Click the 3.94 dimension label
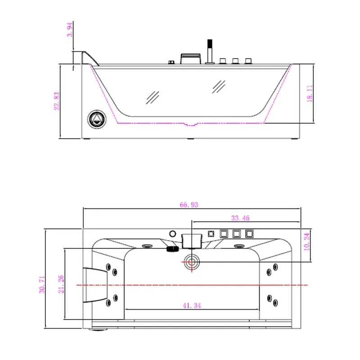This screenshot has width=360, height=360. pyautogui.click(x=70, y=29)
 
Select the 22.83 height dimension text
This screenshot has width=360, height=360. pyautogui.click(x=57, y=101)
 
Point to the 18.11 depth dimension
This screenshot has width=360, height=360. pyautogui.click(x=310, y=94)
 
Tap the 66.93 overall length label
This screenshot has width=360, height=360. pyautogui.click(x=189, y=205)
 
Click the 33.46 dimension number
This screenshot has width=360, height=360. pyautogui.click(x=240, y=218)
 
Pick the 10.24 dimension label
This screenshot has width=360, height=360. pyautogui.click(x=306, y=242)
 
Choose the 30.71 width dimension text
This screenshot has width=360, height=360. pyautogui.click(x=42, y=284)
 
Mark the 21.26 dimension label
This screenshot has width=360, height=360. pyautogui.click(x=61, y=284)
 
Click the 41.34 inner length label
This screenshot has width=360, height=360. pyautogui.click(x=192, y=306)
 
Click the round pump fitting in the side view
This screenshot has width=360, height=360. pyautogui.click(x=97, y=119)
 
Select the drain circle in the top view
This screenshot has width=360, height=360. pyautogui.click(x=192, y=262)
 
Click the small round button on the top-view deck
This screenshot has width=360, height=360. pyautogui.click(x=173, y=234)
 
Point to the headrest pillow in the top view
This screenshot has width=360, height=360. pyautogui.click(x=95, y=285)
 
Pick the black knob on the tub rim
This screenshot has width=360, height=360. pyautogui.click(x=173, y=249)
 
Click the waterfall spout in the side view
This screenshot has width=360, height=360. pyautogui.click(x=191, y=59)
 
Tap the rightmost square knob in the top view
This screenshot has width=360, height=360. pyautogui.click(x=249, y=234)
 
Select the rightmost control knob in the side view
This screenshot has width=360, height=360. pyautogui.click(x=248, y=61)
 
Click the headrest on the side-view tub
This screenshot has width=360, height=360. pyautogui.click(x=90, y=58)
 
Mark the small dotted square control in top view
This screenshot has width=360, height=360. pyautogui.click(x=211, y=234)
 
